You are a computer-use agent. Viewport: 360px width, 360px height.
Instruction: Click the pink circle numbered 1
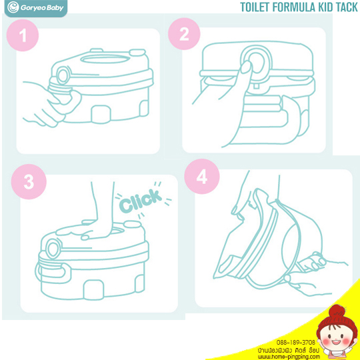tap(23, 35)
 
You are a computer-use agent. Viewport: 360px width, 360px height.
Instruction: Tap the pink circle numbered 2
tap(184, 34)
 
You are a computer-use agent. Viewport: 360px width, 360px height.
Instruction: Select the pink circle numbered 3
tap(29, 181)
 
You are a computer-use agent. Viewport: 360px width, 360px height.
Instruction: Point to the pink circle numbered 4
tap(202, 177)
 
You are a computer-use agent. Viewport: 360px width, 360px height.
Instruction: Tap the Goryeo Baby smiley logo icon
tap(13, 7)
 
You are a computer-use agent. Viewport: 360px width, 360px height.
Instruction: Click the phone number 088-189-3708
tap(296, 342)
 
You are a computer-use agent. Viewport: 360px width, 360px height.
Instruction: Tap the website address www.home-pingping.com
tap(289, 357)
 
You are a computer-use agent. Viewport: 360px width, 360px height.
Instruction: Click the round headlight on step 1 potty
tap(63, 76)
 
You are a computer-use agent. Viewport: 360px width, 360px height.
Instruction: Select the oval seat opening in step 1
tap(105, 59)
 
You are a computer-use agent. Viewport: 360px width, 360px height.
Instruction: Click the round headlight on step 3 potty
tap(53, 249)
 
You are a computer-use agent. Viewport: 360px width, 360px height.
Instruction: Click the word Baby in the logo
tap(55, 8)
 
